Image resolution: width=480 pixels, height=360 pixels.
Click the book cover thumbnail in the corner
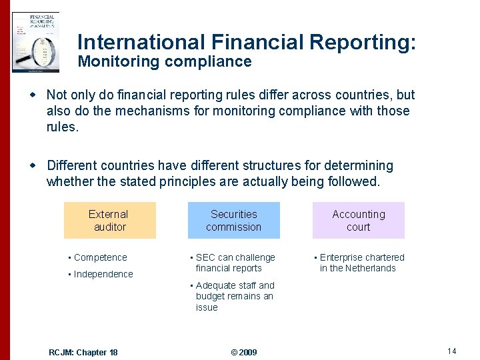click(x=35, y=41)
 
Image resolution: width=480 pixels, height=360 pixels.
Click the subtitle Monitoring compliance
click(x=165, y=62)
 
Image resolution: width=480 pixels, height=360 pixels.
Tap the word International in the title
click(x=141, y=41)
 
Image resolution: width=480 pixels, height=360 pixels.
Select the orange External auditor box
click(x=109, y=221)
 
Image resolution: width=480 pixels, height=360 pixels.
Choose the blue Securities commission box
click(x=233, y=221)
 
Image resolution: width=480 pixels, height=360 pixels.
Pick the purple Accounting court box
click(x=359, y=221)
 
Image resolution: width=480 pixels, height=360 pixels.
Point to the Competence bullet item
click(x=100, y=257)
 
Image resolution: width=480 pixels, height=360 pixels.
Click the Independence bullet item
click(x=103, y=274)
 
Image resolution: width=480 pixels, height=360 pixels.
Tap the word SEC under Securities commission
click(x=205, y=257)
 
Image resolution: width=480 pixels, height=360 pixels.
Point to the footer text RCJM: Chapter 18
click(x=83, y=352)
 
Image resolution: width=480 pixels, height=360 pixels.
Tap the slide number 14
click(x=451, y=351)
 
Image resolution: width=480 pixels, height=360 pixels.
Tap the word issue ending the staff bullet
click(x=207, y=307)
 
